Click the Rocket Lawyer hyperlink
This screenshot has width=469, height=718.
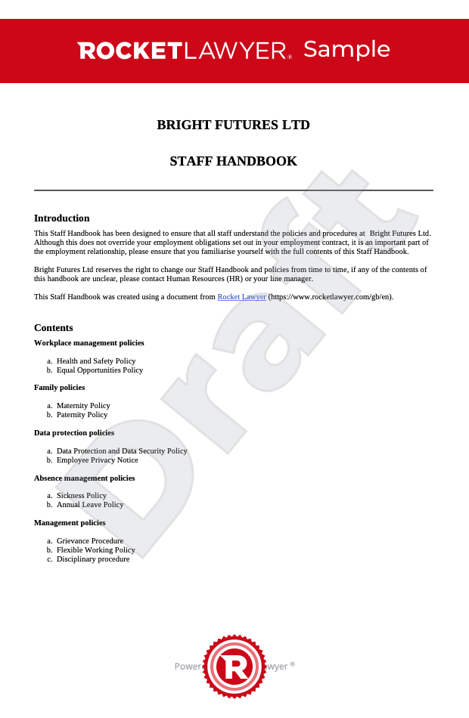pos(241,297)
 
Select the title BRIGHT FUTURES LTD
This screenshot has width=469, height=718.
pos(233,125)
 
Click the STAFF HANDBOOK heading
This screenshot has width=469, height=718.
pos(233,161)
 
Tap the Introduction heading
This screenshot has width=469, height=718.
pos(62,218)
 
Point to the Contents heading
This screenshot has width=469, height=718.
pos(54,328)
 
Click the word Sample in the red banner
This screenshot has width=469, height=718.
pos(346,49)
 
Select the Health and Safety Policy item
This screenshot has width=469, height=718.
pos(96,361)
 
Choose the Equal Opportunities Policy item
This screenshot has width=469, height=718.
pos(100,370)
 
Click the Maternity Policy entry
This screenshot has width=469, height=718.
pos(83,406)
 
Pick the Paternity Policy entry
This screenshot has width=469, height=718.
pos(82,415)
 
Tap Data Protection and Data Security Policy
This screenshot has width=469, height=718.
pos(122,451)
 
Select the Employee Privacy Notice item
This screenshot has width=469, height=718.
pos(97,460)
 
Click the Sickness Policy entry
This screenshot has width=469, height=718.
pos(82,496)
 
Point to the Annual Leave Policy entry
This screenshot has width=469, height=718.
pos(90,505)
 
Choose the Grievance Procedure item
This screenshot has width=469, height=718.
pos(90,541)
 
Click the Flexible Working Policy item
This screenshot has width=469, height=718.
pos(96,550)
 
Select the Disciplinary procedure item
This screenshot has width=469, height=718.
pos(93,559)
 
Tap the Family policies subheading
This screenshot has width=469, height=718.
pos(59,388)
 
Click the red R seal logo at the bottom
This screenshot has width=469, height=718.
pos(234,667)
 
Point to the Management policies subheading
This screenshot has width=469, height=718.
pos(70,523)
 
